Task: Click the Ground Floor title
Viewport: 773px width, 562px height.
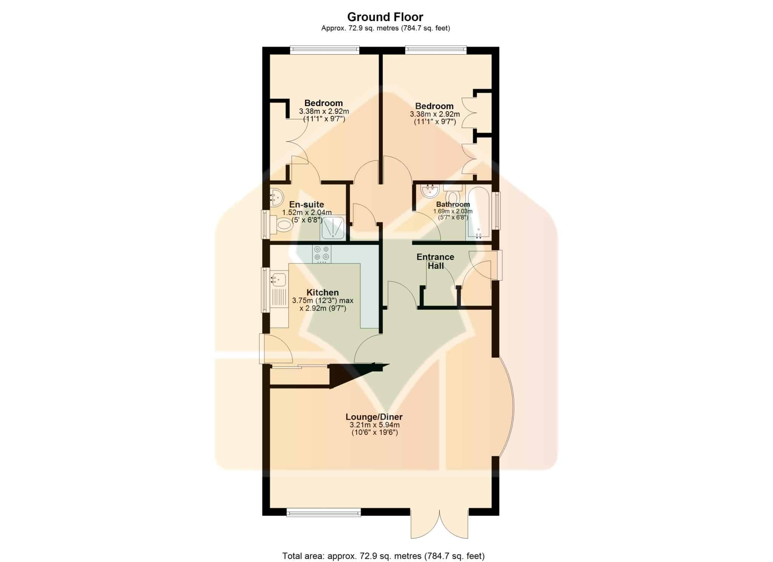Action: [x=385, y=17]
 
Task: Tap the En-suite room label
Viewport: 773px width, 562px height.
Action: [x=306, y=205]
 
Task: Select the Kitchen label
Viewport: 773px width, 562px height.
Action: [x=322, y=293]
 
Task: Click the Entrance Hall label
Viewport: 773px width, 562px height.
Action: [x=435, y=261]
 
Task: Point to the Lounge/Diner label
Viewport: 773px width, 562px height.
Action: [x=374, y=417]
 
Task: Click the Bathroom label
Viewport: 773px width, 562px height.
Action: [x=453, y=205]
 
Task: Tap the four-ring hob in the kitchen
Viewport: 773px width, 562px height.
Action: [x=322, y=254]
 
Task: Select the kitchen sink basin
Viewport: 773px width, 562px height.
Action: [x=278, y=280]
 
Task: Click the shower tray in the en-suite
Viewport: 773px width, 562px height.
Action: [x=333, y=228]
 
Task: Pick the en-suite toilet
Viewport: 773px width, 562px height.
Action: [x=282, y=226]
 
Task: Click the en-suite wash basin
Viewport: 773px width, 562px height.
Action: [x=277, y=196]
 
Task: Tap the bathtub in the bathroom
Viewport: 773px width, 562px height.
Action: [x=478, y=213]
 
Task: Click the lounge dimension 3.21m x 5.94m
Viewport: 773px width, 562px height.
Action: [x=374, y=425]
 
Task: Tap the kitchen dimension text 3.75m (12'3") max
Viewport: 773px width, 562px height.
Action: [x=323, y=301]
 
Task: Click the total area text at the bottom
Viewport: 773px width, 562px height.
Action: [x=383, y=545]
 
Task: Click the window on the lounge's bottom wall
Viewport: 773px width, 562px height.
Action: [x=323, y=512]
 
